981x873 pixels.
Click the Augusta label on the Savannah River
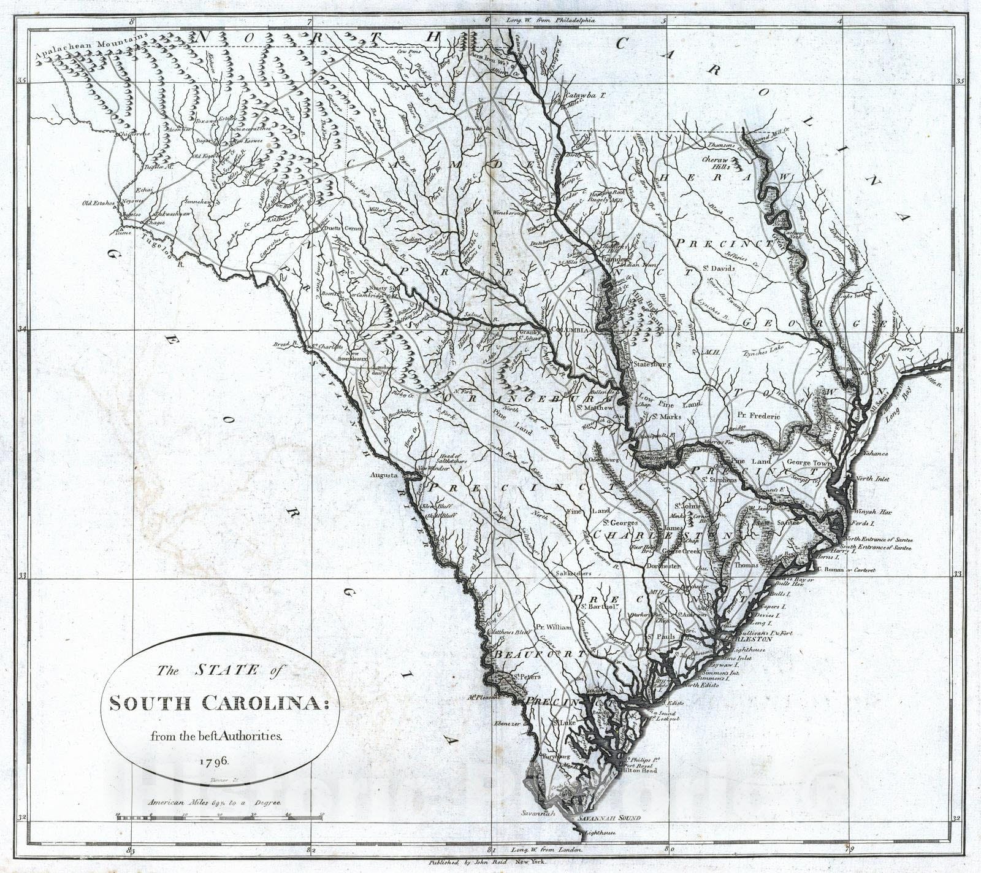tap(384, 475)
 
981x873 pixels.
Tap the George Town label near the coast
tap(807, 463)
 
